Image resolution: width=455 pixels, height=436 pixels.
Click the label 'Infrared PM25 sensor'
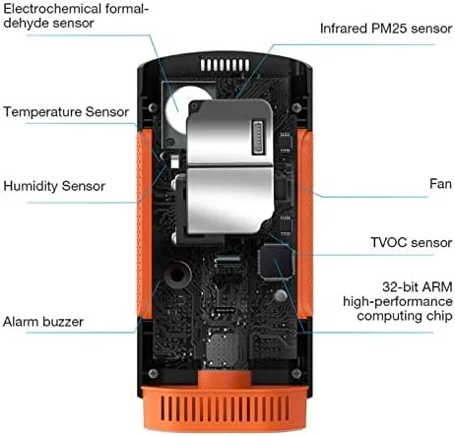pos(386,29)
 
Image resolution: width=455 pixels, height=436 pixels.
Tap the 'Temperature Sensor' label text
pos(66,112)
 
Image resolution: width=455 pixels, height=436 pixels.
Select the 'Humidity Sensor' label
pos(54,186)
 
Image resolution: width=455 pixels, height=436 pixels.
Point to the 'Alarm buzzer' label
pos(43,322)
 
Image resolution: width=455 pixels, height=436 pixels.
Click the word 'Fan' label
pos(440,184)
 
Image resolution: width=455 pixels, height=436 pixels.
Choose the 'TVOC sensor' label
pos(412,243)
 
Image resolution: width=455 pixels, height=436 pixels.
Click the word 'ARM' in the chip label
pos(437,287)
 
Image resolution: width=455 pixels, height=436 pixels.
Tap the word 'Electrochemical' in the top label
pos(51,9)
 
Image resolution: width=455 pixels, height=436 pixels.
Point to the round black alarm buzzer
pos(177,275)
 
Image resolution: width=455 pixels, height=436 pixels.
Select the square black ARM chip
pos(276,263)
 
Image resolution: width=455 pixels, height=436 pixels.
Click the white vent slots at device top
pos(226,65)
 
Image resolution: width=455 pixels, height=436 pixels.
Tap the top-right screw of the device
pos(296,107)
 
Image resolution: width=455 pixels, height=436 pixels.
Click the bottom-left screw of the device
pos(153,373)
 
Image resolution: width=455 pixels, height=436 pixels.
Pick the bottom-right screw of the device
pos(296,373)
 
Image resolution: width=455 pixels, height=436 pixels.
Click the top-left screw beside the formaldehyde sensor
pos(153,107)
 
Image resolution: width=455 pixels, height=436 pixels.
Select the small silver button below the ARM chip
pos(280,295)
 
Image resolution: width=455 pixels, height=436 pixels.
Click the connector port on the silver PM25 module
pos(258,138)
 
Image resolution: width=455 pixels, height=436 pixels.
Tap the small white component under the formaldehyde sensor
pos(175,161)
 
